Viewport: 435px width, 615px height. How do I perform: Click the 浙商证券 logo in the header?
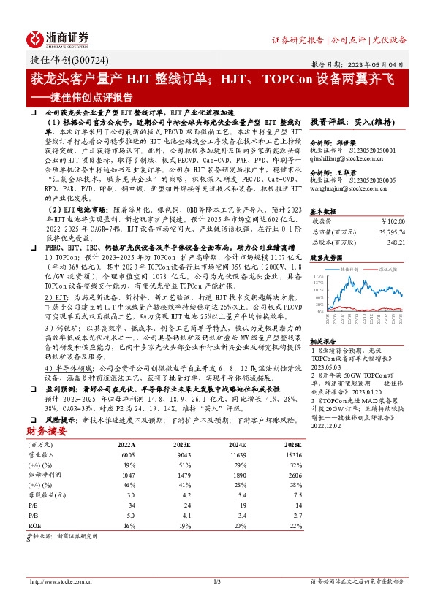click(x=58, y=38)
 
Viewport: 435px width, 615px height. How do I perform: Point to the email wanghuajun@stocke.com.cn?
click(x=351, y=188)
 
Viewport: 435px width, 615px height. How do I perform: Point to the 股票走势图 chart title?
click(x=325, y=258)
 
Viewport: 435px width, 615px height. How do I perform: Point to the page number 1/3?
click(x=217, y=581)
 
